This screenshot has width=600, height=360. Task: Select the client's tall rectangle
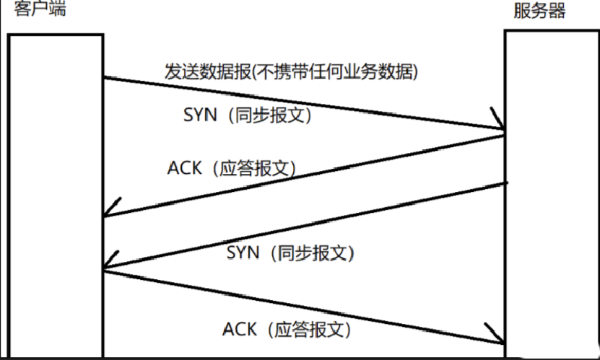point(56,195)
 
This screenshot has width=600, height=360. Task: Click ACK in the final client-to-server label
point(240,329)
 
